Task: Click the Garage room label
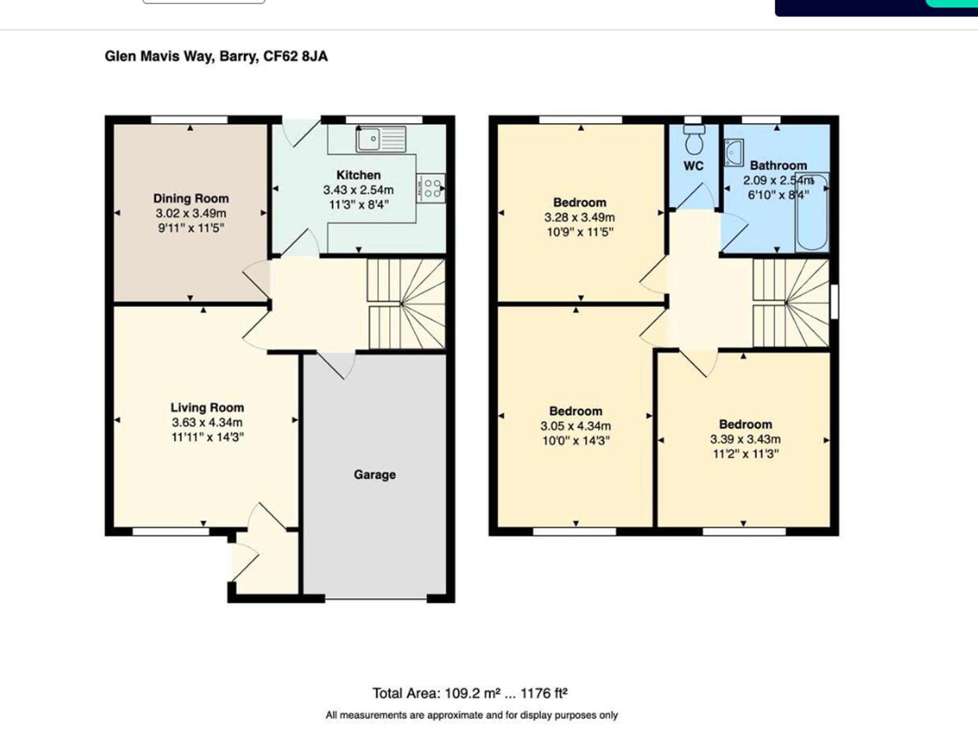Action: pos(375,475)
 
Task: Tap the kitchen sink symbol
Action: pos(381,138)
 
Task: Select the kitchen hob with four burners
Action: pos(431,188)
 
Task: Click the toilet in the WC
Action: pos(694,139)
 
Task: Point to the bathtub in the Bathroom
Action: pos(812,212)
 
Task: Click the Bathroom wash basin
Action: pos(733,153)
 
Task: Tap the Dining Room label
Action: pos(191,198)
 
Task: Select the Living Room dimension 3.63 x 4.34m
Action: pos(207,422)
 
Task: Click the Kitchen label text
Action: pos(358,175)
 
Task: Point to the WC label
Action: pos(693,166)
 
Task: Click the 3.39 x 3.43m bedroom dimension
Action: pos(745,439)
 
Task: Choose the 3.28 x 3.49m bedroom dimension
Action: pos(579,217)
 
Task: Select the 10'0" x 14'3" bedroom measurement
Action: pos(576,440)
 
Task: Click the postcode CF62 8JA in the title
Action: pos(295,56)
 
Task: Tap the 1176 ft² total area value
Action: pos(544,693)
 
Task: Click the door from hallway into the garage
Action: pos(337,364)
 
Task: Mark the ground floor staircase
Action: pos(407,303)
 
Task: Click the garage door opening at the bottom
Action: pos(376,598)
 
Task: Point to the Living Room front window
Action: pos(171,532)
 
